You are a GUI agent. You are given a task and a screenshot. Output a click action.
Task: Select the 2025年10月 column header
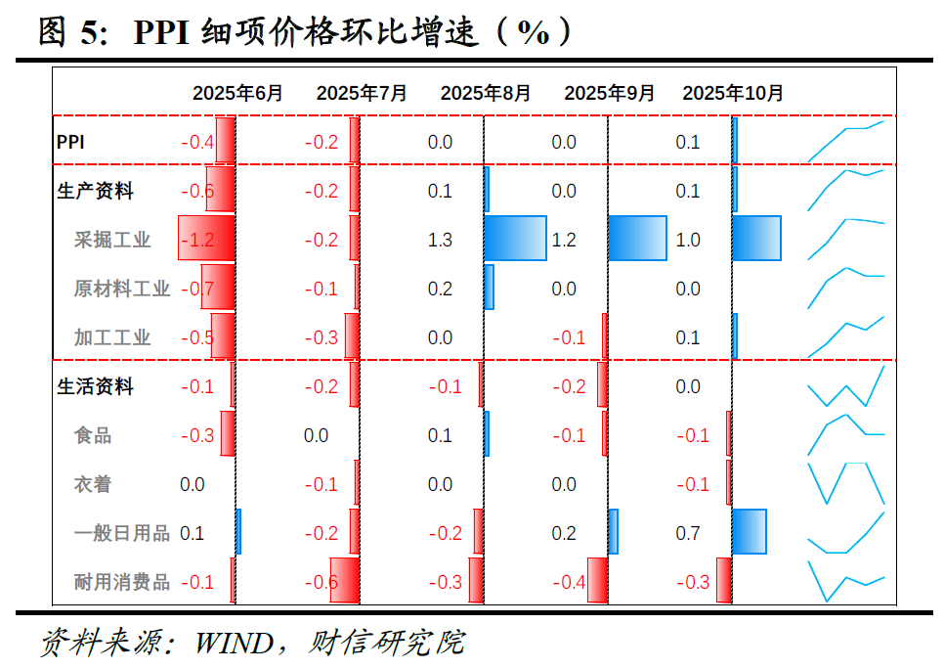click(733, 93)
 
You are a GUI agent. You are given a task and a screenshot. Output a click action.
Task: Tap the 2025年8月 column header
click(486, 93)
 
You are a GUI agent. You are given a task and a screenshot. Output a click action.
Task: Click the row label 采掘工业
click(112, 240)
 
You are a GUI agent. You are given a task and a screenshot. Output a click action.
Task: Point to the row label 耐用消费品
click(122, 582)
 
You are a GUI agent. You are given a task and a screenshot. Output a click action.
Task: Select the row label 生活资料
click(96, 386)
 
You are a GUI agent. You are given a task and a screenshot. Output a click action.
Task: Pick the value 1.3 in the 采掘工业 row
click(440, 240)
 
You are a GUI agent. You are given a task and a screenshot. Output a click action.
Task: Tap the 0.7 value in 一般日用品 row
click(688, 533)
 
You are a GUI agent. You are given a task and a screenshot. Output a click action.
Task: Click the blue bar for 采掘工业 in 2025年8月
click(515, 239)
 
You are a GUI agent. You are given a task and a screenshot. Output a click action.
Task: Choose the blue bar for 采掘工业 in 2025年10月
click(756, 239)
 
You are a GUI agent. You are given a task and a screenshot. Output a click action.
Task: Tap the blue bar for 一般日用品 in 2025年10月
click(749, 532)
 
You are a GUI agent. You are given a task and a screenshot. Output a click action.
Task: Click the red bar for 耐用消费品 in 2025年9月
click(597, 581)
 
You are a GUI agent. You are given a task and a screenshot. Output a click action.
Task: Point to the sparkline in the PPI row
click(845, 141)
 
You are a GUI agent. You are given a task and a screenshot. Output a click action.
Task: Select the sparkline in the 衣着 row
click(845, 483)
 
